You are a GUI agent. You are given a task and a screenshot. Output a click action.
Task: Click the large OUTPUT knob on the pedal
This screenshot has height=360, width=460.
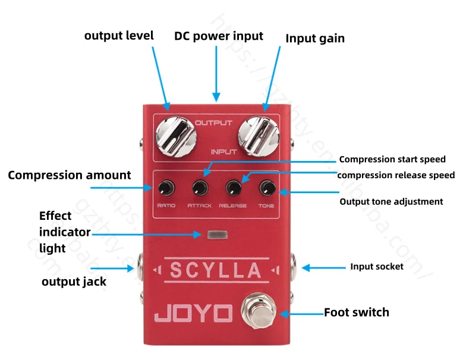pos(176,137)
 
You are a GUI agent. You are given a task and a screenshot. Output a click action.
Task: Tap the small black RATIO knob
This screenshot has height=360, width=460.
pos(165,189)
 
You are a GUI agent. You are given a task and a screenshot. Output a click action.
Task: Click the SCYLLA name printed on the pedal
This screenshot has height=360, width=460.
pos(216,270)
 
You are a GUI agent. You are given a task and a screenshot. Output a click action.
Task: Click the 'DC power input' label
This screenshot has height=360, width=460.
pos(218,36)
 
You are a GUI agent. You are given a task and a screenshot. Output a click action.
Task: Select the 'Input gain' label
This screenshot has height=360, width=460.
pos(315,39)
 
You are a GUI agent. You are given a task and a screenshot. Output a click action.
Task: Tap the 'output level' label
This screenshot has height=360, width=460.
pos(119,36)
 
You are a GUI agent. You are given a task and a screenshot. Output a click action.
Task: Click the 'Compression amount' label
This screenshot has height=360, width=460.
pos(69,175)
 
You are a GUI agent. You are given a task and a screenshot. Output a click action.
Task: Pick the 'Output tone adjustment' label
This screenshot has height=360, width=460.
pos(391,201)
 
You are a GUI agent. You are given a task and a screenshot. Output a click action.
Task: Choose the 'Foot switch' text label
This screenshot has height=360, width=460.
pos(357,312)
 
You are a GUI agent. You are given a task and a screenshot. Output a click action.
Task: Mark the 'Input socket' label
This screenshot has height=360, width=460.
pos(377,267)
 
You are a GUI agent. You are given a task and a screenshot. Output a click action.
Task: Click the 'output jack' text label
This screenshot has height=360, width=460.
pos(74,281)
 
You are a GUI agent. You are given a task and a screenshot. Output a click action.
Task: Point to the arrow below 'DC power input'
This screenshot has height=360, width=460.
pos(216,74)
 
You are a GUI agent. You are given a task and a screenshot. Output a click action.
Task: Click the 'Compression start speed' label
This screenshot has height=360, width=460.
pos(392,159)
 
